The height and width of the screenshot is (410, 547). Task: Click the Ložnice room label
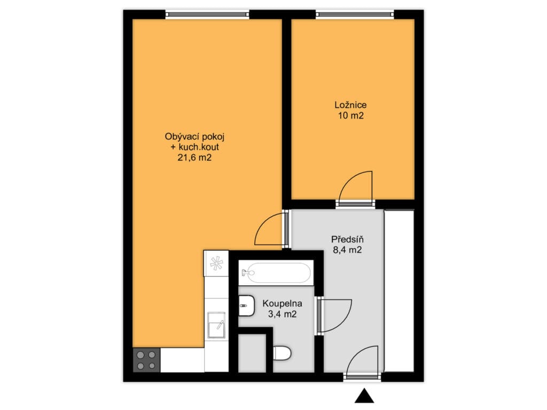coord(350,105)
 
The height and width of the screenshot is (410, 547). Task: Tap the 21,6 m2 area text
coord(194,157)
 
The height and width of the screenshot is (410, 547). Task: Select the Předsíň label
coord(347,239)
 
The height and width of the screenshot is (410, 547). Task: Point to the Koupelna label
coord(282,304)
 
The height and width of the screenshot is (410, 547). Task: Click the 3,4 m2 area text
coord(282,314)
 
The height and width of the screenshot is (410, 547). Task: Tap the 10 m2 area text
coord(350,115)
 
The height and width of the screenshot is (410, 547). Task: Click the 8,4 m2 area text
coord(347,250)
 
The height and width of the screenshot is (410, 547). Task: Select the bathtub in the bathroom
coord(276,273)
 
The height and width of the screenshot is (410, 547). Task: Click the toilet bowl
coord(282,353)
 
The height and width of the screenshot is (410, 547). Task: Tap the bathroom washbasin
coord(246,306)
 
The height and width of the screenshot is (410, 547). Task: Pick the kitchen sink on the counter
coord(216,325)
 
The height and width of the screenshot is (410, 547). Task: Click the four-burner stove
coord(146,360)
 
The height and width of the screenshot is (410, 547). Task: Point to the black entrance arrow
coord(364,396)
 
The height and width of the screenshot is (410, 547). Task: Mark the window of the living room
coord(207,14)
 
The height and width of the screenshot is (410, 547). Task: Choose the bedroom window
coord(355,14)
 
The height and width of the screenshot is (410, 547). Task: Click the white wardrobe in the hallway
coord(399,291)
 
